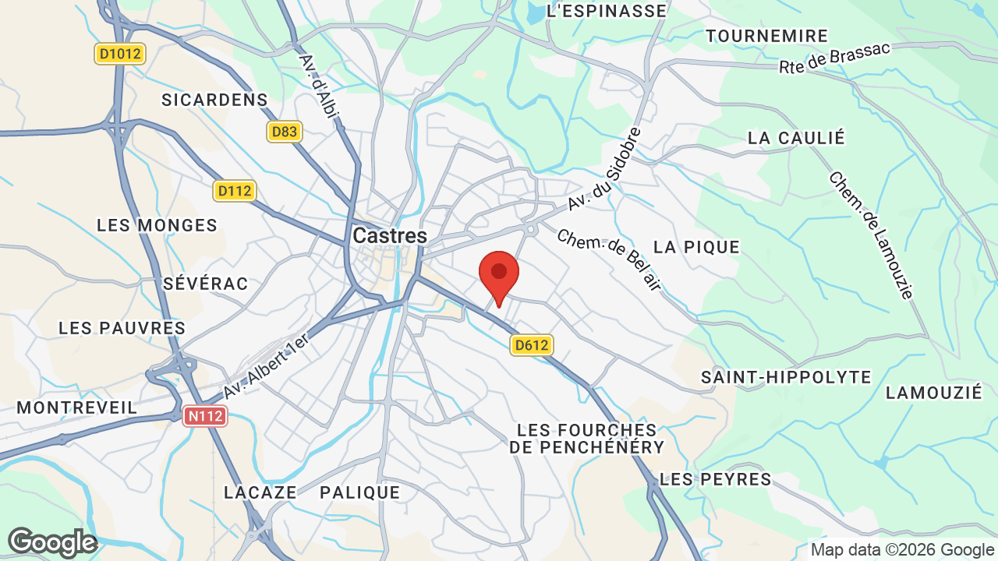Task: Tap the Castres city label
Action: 390,235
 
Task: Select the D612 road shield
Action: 532,345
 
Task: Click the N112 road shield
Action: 205,417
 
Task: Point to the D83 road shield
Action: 284,132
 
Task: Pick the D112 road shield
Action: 235,191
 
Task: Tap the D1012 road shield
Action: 121,54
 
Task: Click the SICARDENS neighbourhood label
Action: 214,100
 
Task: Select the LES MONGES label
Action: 157,225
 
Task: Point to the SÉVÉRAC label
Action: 206,284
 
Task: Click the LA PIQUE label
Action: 696,247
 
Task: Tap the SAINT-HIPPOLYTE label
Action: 786,377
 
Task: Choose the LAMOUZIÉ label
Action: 934,393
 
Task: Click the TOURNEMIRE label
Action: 767,36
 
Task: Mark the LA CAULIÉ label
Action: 796,138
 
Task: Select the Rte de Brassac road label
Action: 834,58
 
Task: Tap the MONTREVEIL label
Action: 77,408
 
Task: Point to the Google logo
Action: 52,542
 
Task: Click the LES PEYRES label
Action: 716,479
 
